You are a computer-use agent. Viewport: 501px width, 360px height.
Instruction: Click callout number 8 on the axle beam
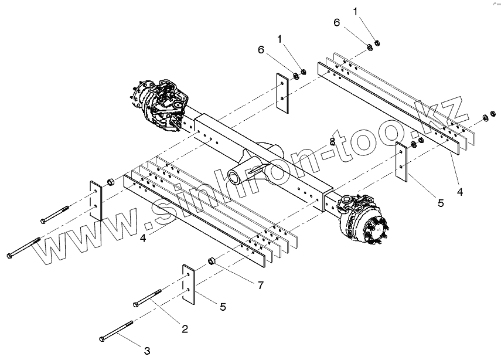[x=332, y=142]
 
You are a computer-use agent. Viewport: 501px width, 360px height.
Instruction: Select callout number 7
[x=260, y=285]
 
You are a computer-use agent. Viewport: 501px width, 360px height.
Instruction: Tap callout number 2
[x=184, y=329]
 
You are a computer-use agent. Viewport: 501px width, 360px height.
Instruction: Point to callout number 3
[x=146, y=351]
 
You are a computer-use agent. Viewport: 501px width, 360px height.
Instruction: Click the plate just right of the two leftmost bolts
[x=96, y=200]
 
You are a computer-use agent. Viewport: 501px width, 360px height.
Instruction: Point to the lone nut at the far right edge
[x=486, y=120]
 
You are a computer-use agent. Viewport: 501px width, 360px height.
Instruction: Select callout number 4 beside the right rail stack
[x=460, y=191]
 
